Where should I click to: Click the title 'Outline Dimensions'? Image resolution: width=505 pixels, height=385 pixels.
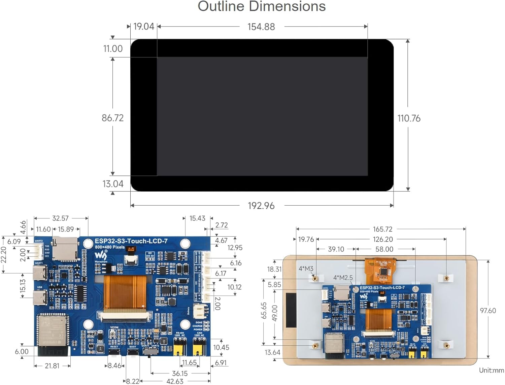pos(262,6)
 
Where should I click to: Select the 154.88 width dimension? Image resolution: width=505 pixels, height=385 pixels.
pos(261,27)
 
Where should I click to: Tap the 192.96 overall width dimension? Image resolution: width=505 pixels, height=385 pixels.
pos(261,206)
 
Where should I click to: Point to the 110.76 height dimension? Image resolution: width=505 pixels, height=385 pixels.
pos(409,118)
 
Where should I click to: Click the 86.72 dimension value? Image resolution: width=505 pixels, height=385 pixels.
pos(113,118)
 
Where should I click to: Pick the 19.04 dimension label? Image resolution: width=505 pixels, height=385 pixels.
pos(143,27)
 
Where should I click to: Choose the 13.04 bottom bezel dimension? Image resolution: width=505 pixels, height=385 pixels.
pos(113,184)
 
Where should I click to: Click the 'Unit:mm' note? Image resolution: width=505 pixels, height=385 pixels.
pos(491,370)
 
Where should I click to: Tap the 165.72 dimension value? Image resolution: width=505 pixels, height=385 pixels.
pos(382,229)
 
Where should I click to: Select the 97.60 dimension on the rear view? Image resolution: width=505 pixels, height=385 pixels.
pos(488,311)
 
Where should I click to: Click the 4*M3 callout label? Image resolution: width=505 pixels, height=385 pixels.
pos(306,269)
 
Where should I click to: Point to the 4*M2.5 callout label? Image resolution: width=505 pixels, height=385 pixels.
pos(343,278)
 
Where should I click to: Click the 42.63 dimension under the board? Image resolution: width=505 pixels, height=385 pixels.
pos(175,381)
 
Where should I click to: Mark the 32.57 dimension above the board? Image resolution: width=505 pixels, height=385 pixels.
pos(60,218)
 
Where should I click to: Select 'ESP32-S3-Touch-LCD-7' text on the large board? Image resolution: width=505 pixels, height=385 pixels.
pos(131,241)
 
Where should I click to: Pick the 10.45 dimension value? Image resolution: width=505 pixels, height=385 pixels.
pos(221,347)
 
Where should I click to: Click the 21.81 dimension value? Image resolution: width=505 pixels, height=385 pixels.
pos(52,366)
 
